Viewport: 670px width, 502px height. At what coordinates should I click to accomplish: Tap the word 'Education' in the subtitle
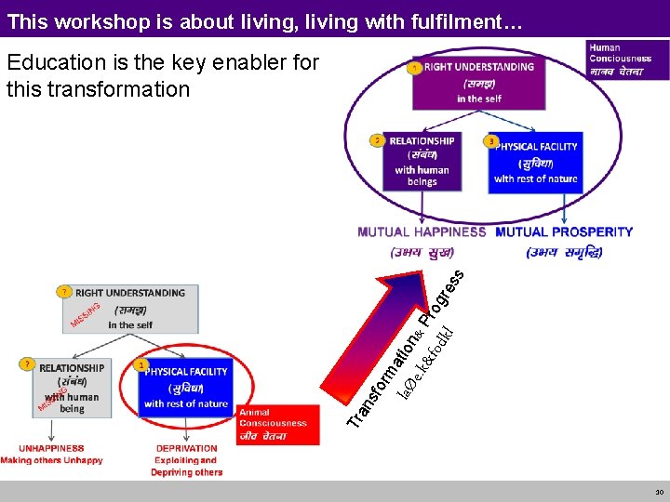[49, 63]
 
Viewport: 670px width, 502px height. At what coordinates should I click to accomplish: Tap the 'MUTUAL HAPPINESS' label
[422, 231]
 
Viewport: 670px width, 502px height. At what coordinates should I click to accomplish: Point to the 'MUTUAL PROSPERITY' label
[564, 231]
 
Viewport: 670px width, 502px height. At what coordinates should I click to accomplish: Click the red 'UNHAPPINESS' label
[51, 448]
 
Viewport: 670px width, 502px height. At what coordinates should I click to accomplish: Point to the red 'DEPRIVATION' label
[187, 448]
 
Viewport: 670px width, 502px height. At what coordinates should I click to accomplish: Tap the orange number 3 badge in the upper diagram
[490, 141]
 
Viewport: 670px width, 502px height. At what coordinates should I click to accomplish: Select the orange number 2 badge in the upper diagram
[377, 140]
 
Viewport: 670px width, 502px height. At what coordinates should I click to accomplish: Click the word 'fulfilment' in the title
[438, 20]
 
